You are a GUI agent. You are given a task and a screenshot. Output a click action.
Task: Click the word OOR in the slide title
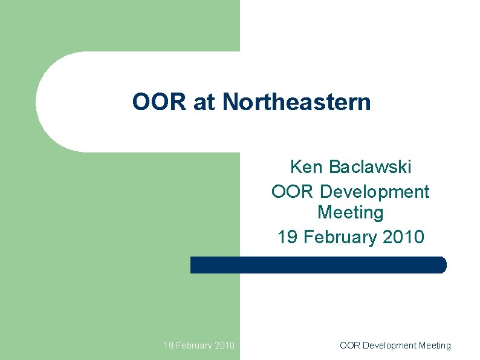160,102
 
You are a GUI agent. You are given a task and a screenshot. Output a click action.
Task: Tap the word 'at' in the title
204,103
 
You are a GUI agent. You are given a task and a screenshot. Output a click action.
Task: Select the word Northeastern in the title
296,102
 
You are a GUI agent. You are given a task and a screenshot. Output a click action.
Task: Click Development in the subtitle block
374,192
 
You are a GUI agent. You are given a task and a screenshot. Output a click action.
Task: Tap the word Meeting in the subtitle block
350,213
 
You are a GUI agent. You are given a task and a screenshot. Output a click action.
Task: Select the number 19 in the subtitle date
288,237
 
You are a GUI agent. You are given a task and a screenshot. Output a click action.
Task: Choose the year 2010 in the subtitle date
404,237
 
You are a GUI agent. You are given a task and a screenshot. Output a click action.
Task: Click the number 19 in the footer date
169,345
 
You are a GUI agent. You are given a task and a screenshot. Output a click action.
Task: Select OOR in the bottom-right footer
349,345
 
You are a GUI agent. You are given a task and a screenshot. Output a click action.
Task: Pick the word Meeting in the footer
435,345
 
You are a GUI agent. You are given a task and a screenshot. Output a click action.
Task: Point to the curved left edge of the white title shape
37,102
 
